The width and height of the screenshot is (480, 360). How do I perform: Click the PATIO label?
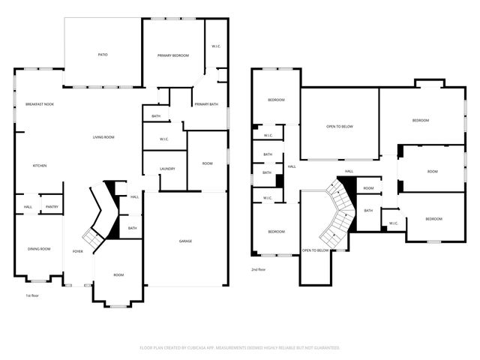click(103, 55)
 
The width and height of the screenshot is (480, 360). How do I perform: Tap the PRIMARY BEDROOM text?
click(172, 56)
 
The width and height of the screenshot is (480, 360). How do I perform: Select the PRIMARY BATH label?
click(206, 104)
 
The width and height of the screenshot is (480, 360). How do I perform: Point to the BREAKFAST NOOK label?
click(39, 104)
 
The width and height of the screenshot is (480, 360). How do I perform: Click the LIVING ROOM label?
click(103, 136)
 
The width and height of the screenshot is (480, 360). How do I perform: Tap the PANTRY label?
click(52, 207)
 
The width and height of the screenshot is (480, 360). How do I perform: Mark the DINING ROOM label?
click(39, 249)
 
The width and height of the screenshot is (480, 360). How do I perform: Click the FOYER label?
click(77, 250)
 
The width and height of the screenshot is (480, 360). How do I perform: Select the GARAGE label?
click(185, 241)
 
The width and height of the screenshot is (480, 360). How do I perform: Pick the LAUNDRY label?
click(167, 169)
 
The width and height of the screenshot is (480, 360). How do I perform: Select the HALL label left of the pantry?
click(27, 207)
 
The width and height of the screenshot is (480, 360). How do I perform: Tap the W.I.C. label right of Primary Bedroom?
click(216, 46)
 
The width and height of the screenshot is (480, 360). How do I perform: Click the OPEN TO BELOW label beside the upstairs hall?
click(340, 126)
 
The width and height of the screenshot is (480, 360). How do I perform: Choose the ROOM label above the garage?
click(207, 163)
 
